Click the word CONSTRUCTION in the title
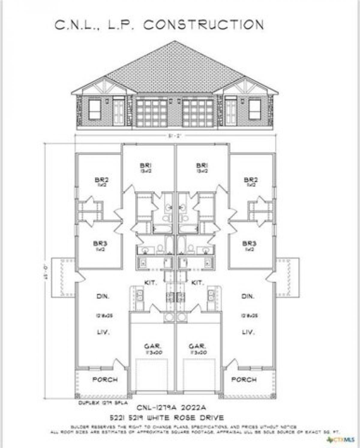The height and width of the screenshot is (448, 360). (x=203, y=25)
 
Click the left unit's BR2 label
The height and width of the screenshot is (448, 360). (x=101, y=180)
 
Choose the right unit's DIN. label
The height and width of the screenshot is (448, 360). (x=248, y=296)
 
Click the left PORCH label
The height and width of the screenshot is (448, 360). (x=105, y=380)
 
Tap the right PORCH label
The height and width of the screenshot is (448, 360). (x=244, y=380)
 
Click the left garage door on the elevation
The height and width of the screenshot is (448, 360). (x=151, y=113)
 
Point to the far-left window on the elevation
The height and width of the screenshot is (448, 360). (x=94, y=110)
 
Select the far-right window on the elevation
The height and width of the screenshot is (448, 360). (x=255, y=110)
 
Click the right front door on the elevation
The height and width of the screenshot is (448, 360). (x=231, y=112)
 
